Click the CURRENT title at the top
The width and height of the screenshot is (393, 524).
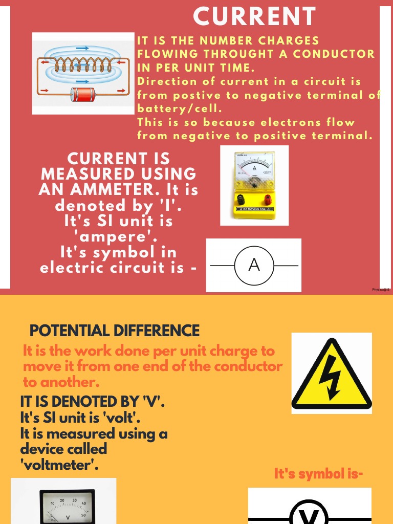(254, 16)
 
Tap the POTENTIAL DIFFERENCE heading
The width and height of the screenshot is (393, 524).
(115, 331)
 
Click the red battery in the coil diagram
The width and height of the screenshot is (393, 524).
(82, 94)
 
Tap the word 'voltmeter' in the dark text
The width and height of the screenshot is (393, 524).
(60, 465)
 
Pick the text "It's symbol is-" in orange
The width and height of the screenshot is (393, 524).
(319, 474)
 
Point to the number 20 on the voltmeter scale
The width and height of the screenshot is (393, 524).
(62, 501)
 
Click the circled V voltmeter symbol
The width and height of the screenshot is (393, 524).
(309, 514)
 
